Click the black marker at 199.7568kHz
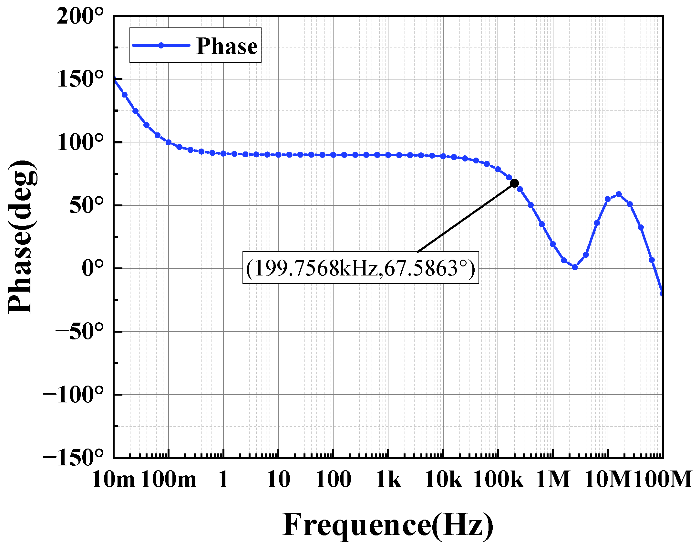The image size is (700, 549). point(514,183)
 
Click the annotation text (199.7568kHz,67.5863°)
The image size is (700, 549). point(360,268)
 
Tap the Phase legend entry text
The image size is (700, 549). point(227,46)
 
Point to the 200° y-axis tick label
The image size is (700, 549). point(80,16)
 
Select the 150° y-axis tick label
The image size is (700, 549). point(80,79)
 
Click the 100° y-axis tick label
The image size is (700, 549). point(80,142)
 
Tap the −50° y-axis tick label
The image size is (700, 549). point(80,331)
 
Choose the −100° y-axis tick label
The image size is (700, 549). point(73,394)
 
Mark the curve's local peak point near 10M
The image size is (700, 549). point(619,194)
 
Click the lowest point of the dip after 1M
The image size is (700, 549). point(575,267)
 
